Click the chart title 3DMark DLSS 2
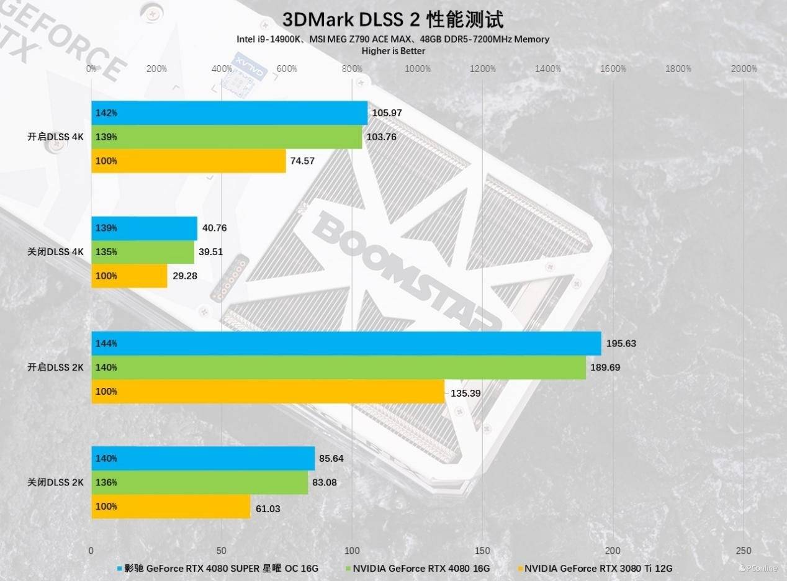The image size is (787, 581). [393, 19]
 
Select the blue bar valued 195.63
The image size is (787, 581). [346, 343]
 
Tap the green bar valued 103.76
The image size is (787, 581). [227, 137]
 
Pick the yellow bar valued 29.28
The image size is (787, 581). [129, 276]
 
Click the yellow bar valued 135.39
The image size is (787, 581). [268, 392]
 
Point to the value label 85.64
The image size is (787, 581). [331, 459]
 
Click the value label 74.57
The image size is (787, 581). [302, 161]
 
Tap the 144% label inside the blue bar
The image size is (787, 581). [106, 343]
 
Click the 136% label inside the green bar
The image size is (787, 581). [106, 482]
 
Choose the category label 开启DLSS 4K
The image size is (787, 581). [55, 137]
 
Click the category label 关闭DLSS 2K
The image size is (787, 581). [55, 482]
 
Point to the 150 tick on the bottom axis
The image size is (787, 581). [482, 551]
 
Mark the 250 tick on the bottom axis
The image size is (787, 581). [743, 551]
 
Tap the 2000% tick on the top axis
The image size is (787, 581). [744, 69]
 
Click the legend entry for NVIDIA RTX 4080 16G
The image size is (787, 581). [421, 568]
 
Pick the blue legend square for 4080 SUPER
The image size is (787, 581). [119, 568]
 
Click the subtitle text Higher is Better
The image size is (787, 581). [393, 51]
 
